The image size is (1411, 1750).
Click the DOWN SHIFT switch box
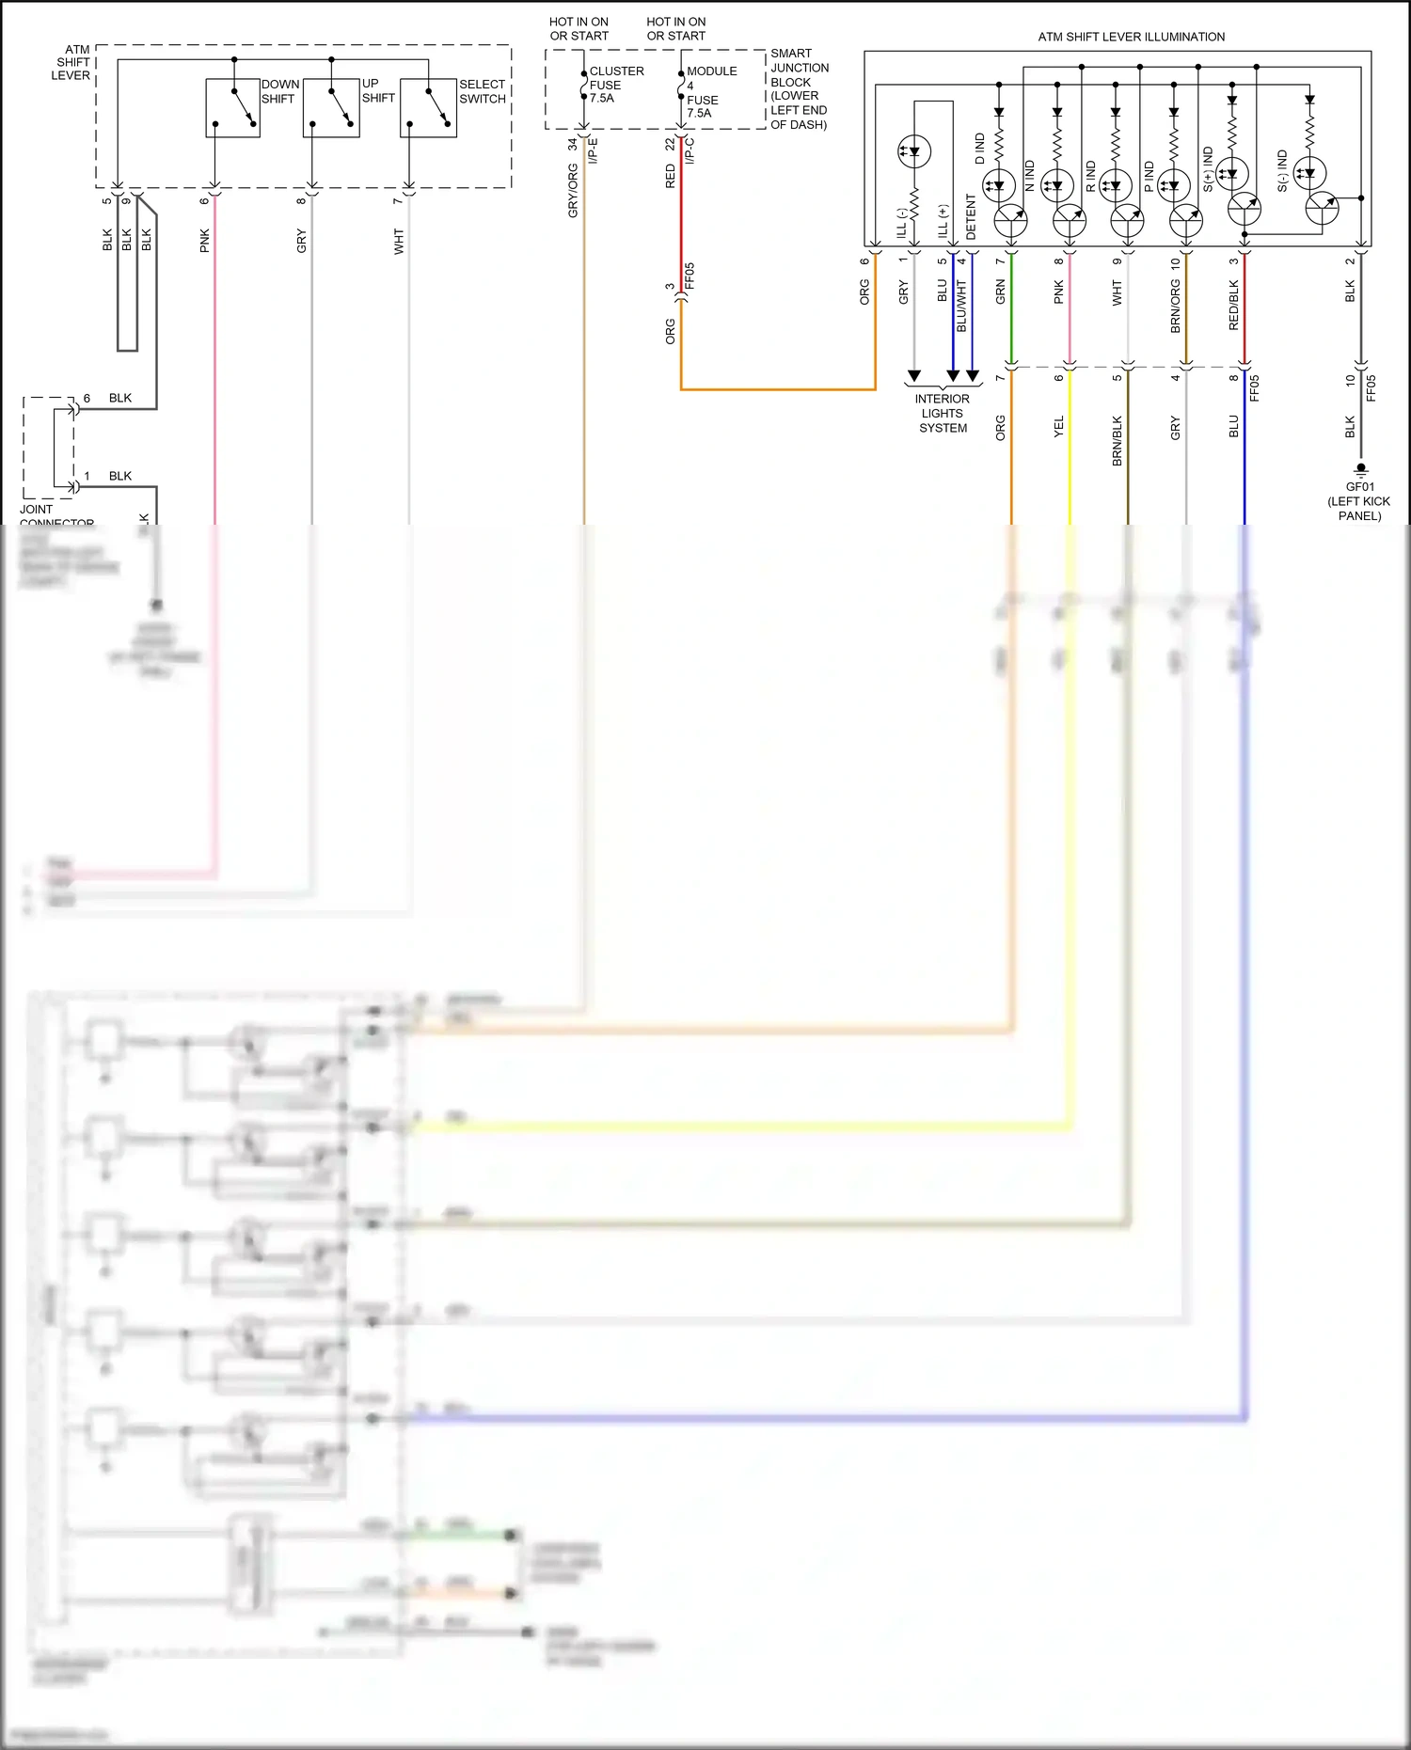(232, 109)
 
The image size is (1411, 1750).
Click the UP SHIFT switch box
(330, 109)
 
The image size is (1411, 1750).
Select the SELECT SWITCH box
(428, 109)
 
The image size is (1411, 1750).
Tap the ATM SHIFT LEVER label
(71, 63)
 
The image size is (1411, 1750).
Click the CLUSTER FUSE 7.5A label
(615, 85)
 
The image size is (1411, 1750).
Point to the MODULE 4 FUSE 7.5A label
(710, 92)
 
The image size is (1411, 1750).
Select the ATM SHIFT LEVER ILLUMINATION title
(1131, 37)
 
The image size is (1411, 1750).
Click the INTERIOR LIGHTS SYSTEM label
(943, 414)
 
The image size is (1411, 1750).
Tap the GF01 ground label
(1359, 500)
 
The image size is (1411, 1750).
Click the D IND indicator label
(980, 149)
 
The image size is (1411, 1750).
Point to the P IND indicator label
(1149, 176)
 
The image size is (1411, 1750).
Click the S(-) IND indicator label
(1282, 171)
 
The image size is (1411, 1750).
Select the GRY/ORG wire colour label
(573, 191)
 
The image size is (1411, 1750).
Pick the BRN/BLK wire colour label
(1118, 441)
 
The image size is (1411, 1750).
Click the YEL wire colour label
(1059, 427)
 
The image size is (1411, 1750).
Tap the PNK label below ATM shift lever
(205, 241)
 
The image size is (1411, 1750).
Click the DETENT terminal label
(972, 217)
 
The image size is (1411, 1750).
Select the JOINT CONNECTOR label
(56, 515)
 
